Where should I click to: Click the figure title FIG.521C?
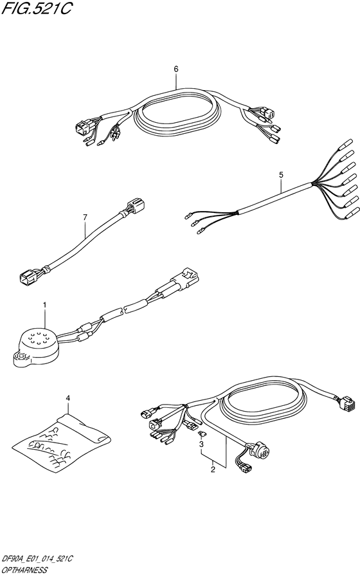click(36, 8)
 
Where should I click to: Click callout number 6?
click(175, 69)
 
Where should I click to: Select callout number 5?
click(281, 176)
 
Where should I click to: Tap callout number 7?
click(85, 217)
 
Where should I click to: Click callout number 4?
click(68, 398)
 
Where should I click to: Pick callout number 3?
click(201, 445)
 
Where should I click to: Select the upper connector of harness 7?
click(136, 205)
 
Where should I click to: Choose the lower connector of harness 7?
click(29, 276)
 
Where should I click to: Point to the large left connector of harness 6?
click(84, 128)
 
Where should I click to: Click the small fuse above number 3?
click(202, 435)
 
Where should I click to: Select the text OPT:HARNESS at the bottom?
click(24, 571)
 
